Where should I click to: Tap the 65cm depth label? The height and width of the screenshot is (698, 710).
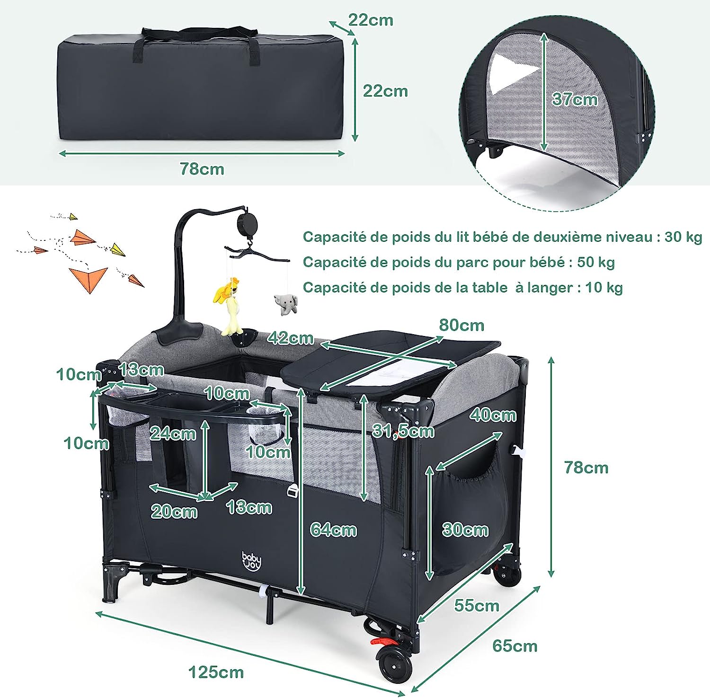(515, 646)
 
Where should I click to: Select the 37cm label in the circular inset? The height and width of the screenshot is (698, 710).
(575, 99)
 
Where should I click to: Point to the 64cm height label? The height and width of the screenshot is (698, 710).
(333, 530)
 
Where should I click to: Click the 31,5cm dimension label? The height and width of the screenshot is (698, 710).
(403, 431)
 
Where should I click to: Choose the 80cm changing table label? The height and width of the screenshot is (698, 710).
(461, 325)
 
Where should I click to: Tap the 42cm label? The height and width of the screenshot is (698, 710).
(290, 337)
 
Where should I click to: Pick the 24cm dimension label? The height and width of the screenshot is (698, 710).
(173, 433)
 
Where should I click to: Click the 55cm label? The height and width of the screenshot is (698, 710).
(477, 605)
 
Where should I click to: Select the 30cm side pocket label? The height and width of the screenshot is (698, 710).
(465, 530)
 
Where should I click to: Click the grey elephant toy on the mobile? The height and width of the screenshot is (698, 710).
(286, 303)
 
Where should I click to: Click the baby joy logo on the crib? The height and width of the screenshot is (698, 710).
(251, 561)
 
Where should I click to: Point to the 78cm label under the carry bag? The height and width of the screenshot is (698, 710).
(202, 169)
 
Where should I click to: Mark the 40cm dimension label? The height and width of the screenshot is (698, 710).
(493, 415)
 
